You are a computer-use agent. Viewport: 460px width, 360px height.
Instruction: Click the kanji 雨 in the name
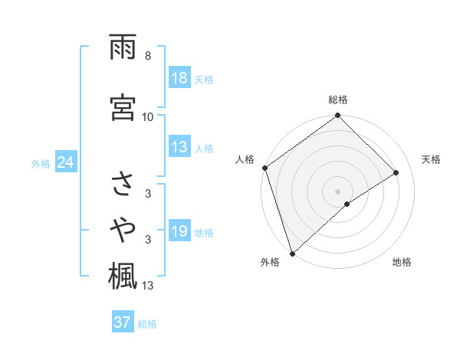(x=123, y=48)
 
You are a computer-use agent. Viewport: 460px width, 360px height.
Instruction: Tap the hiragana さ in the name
(x=123, y=186)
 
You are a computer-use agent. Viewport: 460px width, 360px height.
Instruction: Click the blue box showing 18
(x=179, y=79)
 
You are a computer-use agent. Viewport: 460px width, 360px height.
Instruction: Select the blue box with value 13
(x=179, y=148)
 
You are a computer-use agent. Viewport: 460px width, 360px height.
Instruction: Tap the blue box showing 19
(x=179, y=232)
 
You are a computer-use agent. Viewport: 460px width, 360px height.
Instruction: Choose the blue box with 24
(x=65, y=163)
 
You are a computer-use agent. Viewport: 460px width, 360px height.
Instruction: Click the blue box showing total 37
(x=123, y=322)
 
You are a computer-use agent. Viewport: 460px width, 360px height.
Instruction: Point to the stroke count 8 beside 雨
(x=148, y=57)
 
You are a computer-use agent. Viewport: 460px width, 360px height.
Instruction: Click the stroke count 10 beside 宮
(x=148, y=116)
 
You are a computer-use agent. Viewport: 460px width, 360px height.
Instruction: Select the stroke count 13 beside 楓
(x=148, y=286)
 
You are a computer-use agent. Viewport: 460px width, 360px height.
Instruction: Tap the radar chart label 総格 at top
(x=338, y=100)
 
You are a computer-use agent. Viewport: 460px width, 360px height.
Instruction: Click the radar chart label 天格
(x=432, y=159)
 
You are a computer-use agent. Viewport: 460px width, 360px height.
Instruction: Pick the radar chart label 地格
(x=402, y=262)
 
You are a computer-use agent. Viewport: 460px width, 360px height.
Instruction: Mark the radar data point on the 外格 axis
(x=291, y=253)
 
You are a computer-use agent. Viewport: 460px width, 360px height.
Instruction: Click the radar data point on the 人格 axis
(x=264, y=168)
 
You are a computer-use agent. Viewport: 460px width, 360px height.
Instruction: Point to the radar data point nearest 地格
(x=347, y=204)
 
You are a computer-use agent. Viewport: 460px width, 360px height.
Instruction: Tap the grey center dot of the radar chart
(x=337, y=191)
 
